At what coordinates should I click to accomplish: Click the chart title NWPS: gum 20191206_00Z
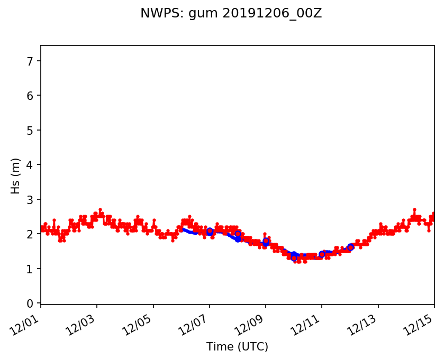tap(231, 14)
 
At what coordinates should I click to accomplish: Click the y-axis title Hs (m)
tap(16, 176)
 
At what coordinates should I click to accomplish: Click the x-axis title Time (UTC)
tap(237, 347)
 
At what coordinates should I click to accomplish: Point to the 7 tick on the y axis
tap(30, 61)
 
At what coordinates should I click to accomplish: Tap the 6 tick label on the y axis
tap(30, 96)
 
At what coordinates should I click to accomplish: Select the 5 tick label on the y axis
tap(30, 131)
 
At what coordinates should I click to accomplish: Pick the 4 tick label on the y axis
tap(30, 165)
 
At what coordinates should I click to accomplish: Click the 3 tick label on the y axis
tap(30, 200)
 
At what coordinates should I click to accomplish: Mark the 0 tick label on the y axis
tap(30, 303)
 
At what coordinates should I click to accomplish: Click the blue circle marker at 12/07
tap(210, 231)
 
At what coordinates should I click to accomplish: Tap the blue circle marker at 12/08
tap(238, 234)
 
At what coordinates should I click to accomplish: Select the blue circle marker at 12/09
tap(266, 241)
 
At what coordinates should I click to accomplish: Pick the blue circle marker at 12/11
tap(322, 254)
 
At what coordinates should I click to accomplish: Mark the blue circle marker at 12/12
tap(350, 247)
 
